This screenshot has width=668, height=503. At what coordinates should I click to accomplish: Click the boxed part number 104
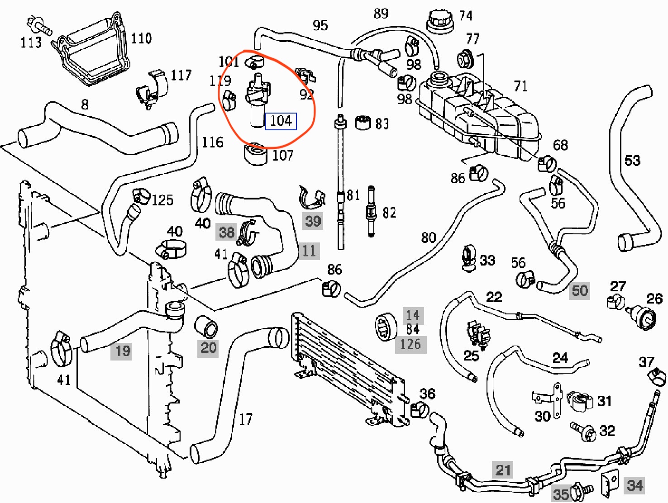coord(281,121)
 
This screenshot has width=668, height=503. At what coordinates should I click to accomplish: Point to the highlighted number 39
coord(313,221)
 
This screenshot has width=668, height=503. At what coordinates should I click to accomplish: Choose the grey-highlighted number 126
coord(410,345)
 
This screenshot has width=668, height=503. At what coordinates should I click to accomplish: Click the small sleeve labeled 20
coord(206,327)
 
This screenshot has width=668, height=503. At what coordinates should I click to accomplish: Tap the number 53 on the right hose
coord(632,160)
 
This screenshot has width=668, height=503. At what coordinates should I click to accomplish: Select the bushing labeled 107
coord(256,154)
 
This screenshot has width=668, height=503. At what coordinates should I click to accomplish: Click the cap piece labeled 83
coord(363,123)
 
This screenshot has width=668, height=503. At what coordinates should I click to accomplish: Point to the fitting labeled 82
coord(371,211)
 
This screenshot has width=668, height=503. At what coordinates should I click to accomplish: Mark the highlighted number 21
coord(503,470)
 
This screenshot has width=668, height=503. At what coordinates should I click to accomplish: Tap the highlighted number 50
coord(579,290)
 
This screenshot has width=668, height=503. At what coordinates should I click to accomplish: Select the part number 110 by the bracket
coord(141,38)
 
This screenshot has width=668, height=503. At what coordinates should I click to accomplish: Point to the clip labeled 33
coord(468,259)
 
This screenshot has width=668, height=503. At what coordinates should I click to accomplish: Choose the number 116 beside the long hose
coord(212,142)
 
